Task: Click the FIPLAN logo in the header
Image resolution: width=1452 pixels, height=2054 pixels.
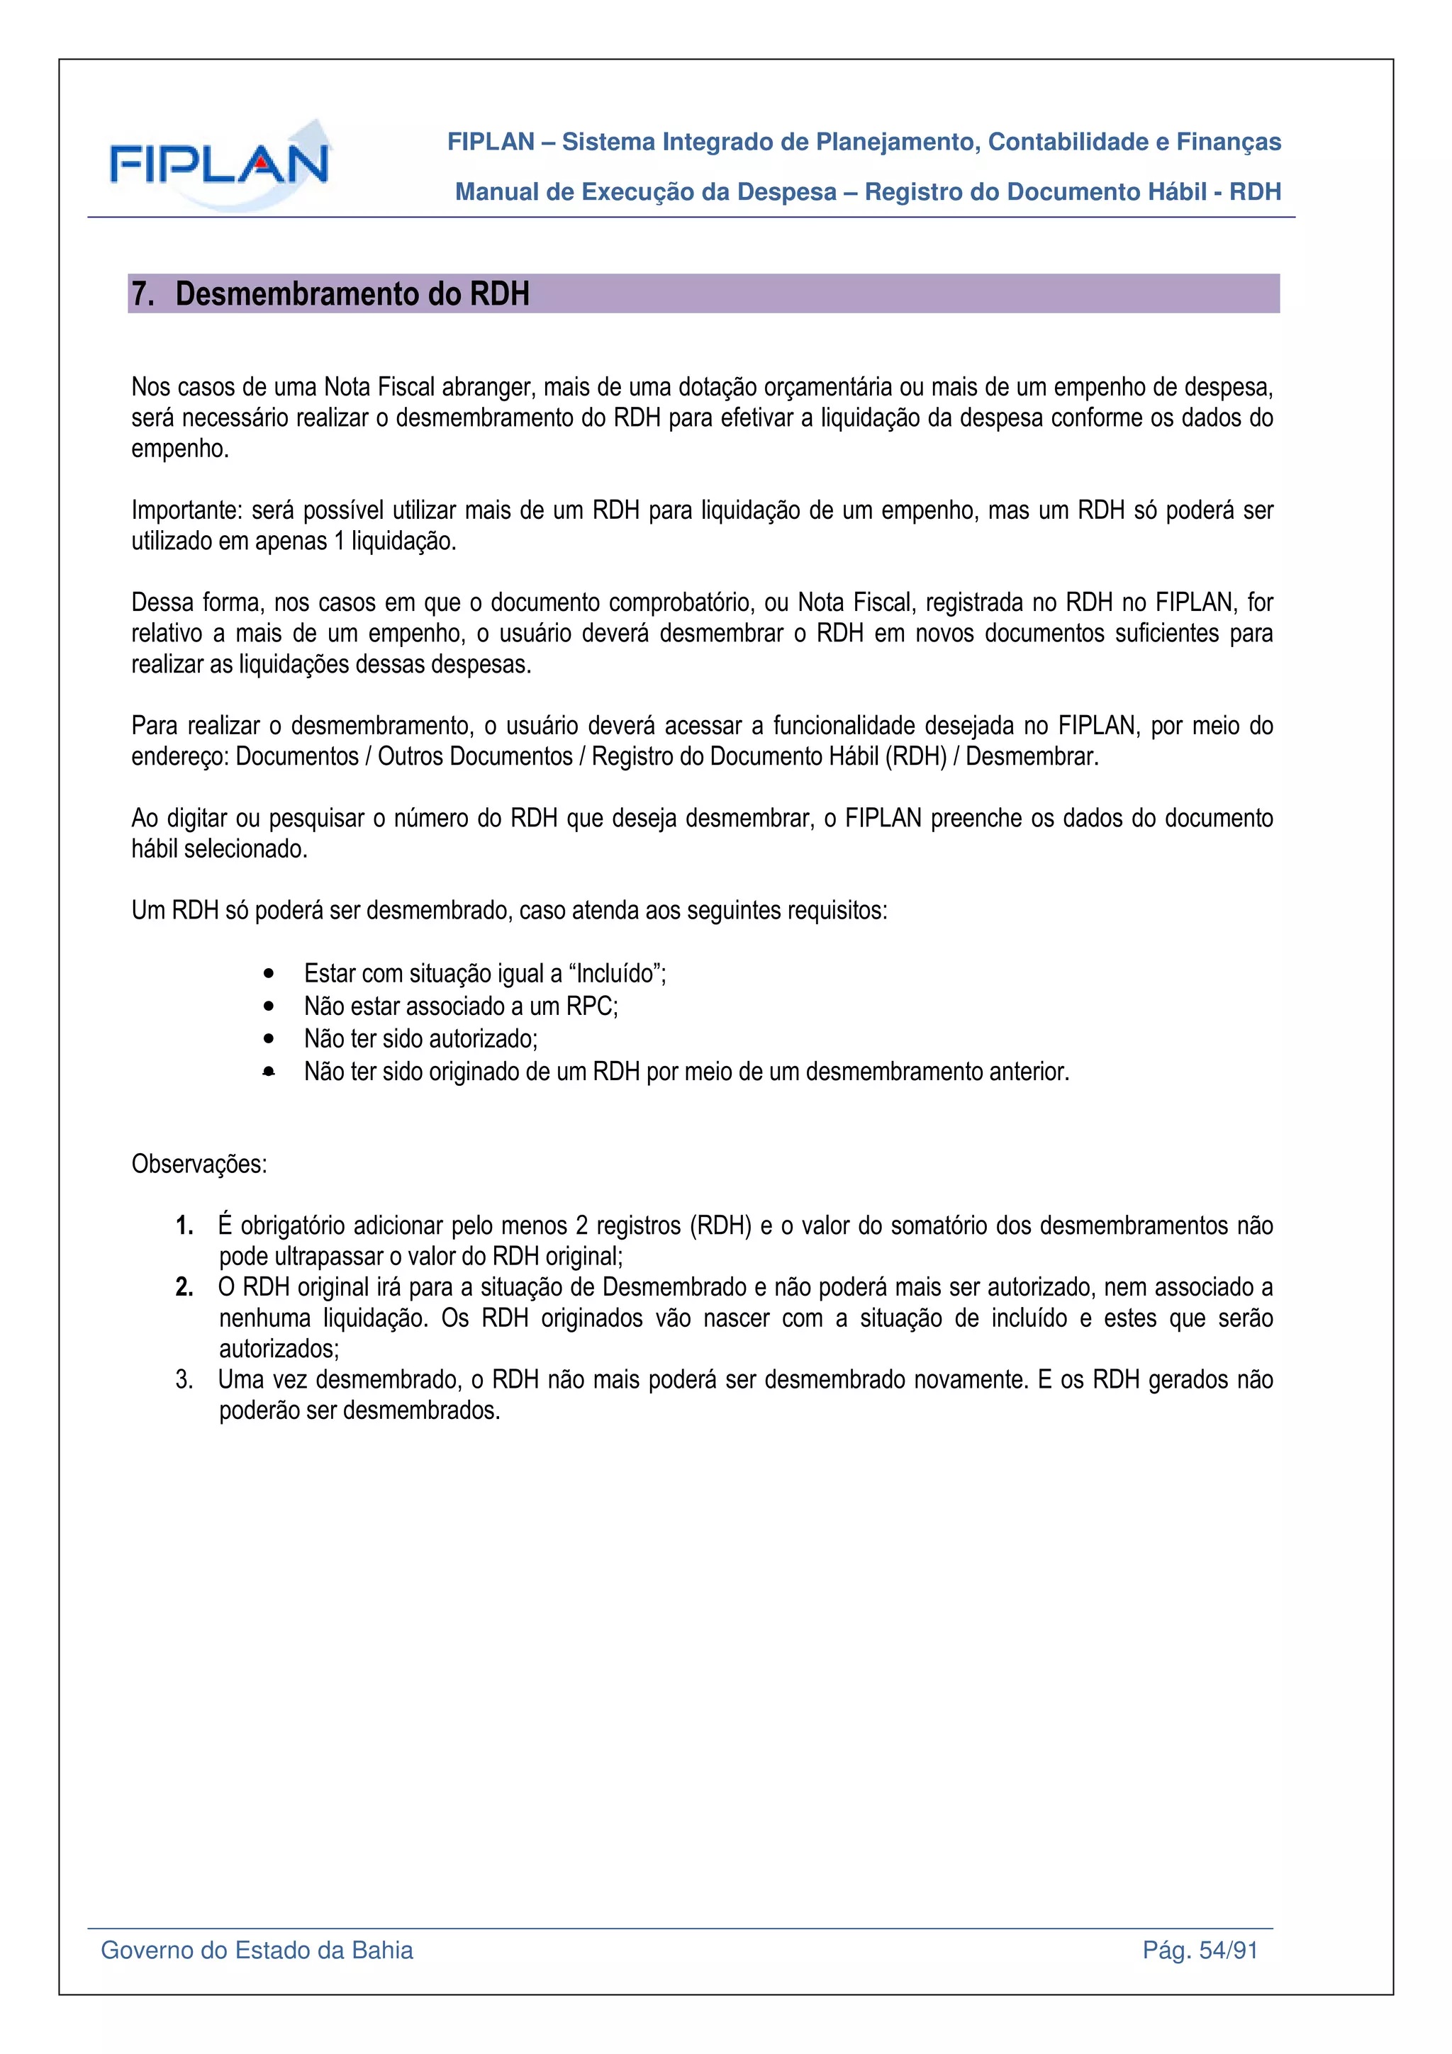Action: (219, 164)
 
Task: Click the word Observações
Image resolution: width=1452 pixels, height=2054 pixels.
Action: (199, 1164)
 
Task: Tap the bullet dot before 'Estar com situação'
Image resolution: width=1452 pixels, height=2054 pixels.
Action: (269, 973)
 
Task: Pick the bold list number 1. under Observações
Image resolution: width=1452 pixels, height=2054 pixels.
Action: (184, 1225)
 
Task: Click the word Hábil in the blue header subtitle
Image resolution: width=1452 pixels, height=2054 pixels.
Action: (1173, 191)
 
